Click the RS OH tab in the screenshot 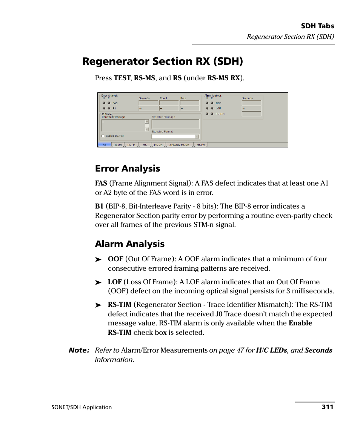tap(118, 145)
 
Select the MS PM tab tap(201, 145)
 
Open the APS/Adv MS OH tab tap(179, 145)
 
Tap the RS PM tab tap(131, 145)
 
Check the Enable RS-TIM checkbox tap(103, 136)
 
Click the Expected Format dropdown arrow tap(197, 136)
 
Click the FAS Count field tap(169, 103)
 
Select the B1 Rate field tap(189, 109)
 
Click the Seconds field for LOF tap(251, 109)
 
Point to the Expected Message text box tap(175, 124)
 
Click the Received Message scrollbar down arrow tap(147, 129)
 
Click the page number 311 tap(328, 407)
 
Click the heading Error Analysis tap(127, 169)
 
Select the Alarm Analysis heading tap(129, 244)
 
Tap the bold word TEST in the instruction tap(122, 78)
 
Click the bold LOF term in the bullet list tap(114, 282)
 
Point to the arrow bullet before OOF tap(98, 259)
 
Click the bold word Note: tap(79, 350)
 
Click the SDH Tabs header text tap(317, 26)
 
